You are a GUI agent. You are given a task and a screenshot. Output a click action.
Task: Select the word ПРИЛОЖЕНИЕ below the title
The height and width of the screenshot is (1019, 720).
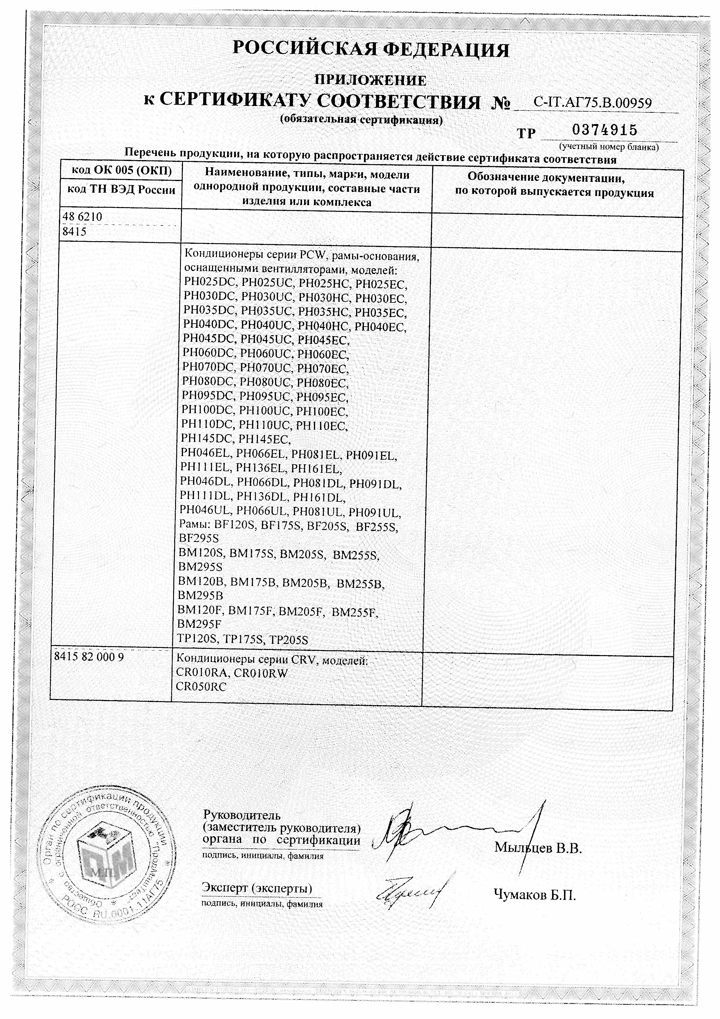(x=370, y=80)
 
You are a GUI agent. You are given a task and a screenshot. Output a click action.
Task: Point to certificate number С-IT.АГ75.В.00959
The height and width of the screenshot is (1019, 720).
(x=592, y=103)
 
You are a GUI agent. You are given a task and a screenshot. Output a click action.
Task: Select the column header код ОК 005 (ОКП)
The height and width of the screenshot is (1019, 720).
(x=121, y=171)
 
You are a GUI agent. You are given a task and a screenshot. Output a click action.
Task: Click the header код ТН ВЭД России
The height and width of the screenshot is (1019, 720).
(x=121, y=190)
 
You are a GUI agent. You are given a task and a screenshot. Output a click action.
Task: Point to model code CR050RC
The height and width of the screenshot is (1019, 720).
(x=201, y=687)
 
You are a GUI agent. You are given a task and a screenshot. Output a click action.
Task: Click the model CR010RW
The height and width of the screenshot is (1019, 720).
(x=261, y=673)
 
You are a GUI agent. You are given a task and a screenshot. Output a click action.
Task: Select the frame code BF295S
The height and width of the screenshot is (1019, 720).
(x=199, y=538)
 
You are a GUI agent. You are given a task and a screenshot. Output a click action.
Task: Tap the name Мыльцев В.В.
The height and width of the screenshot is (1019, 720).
(x=538, y=848)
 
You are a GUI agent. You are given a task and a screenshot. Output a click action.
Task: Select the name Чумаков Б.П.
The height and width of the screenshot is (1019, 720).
(x=535, y=895)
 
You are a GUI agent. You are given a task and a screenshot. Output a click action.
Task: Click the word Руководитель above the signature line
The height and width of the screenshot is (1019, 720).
(x=242, y=815)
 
